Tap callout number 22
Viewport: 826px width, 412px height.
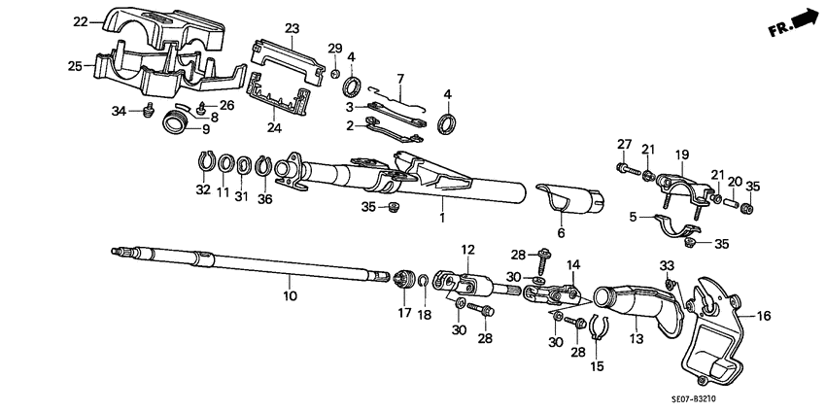(81, 21)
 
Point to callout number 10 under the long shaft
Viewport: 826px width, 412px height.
(288, 292)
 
